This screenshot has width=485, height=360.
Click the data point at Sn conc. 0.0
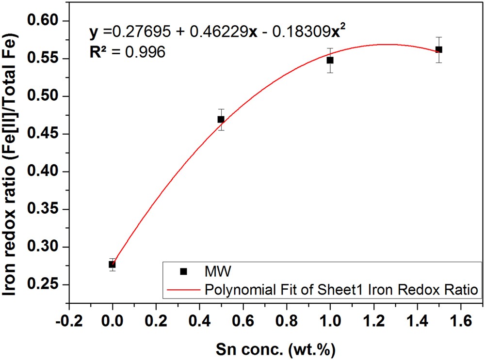click(112, 265)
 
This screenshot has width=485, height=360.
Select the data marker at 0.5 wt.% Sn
click(221, 119)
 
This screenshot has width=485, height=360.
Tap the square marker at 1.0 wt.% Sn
click(330, 60)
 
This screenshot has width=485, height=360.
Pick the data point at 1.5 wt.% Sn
click(439, 49)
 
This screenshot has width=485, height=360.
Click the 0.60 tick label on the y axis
click(43, 21)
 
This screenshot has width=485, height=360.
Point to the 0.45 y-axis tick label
click(43, 134)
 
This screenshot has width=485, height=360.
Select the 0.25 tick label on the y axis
click(43, 285)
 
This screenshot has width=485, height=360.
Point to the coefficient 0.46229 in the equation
click(226, 32)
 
